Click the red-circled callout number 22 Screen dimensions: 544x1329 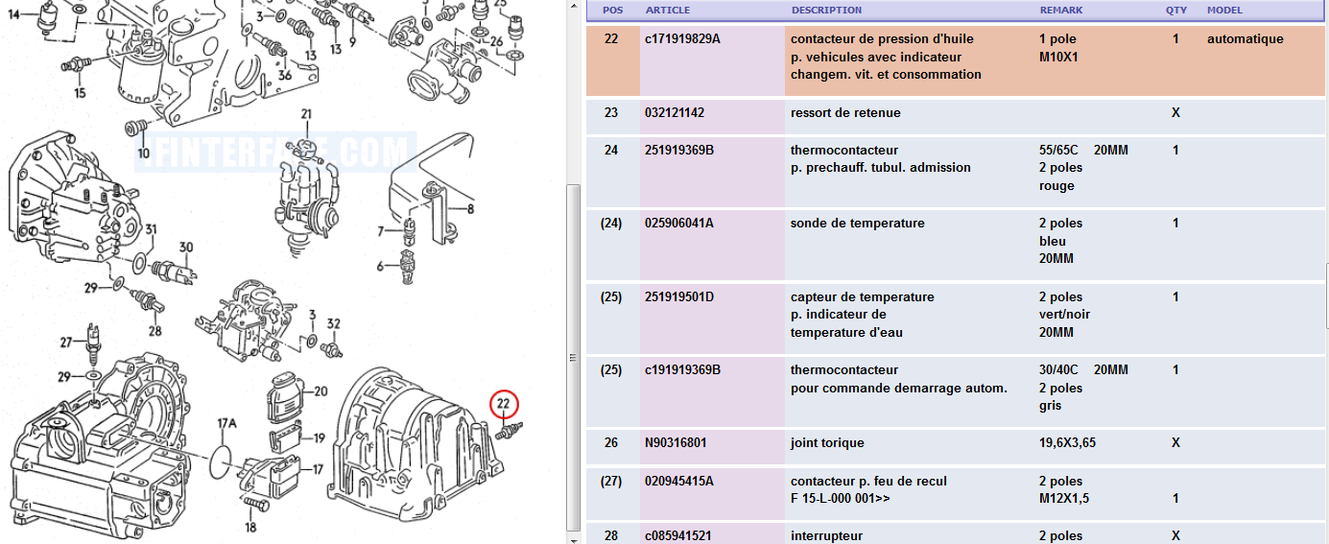coord(504,405)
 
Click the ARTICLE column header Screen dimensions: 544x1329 coord(667,11)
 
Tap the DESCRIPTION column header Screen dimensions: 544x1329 coord(826,11)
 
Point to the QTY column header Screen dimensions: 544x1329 coord(1175,11)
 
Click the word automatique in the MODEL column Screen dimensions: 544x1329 coord(1245,39)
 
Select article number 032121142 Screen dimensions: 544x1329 coord(675,113)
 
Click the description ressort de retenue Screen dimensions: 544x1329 coord(845,113)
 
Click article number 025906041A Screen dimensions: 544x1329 coord(679,224)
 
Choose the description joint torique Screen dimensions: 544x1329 coord(827,443)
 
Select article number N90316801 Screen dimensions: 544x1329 coord(676,443)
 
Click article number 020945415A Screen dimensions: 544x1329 coord(679,481)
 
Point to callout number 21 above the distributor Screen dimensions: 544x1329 coord(306,115)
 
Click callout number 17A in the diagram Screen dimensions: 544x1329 coord(226,423)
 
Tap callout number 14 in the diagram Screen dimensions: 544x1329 coord(13,13)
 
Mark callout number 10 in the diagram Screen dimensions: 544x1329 coord(143,154)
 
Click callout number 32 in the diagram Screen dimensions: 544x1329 coord(334,324)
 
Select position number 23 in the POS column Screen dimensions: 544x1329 coord(611,113)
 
